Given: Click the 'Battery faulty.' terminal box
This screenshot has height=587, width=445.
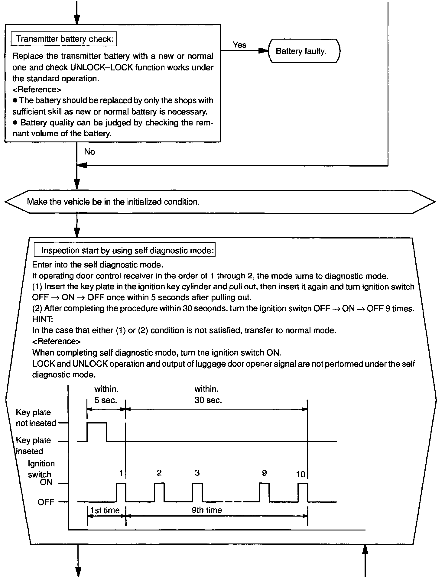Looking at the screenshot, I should (304, 51).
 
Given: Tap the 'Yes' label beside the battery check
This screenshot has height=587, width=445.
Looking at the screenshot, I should (239, 45).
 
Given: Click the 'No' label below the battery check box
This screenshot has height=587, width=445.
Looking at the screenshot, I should (89, 151).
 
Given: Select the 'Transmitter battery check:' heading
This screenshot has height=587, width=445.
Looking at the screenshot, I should (64, 39).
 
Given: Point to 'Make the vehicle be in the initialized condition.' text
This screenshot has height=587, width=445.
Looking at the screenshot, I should (113, 202).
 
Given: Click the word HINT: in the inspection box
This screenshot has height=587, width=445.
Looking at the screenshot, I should (42, 319).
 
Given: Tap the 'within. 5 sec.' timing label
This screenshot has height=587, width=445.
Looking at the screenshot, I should (106, 394).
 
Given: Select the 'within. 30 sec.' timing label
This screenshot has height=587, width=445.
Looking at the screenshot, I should (208, 394).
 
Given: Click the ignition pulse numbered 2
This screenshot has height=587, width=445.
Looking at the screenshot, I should (159, 492).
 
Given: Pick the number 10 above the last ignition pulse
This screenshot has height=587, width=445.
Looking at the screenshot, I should (301, 474).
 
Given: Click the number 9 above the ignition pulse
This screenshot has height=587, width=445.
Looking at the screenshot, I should (265, 473).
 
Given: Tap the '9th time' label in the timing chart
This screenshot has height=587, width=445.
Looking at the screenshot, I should (207, 510).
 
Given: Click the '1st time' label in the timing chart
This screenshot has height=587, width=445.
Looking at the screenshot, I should (105, 510).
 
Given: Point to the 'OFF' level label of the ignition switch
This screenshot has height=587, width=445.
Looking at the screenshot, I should (46, 502).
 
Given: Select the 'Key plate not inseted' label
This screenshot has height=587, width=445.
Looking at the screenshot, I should (36, 418).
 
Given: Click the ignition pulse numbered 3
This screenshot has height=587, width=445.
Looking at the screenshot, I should (197, 492).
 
